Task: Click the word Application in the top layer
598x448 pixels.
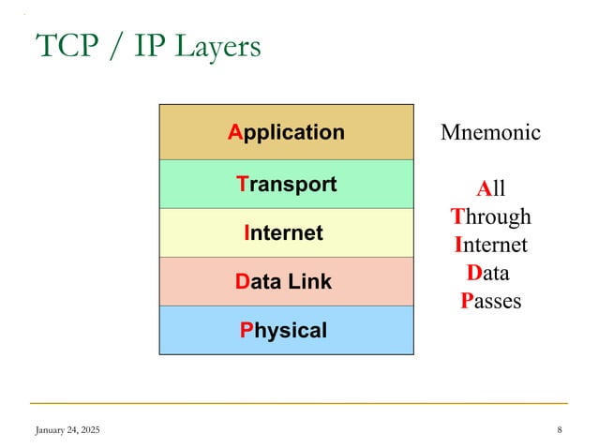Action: (286, 133)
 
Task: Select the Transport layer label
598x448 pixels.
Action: (286, 184)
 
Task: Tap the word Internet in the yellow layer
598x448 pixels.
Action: (283, 232)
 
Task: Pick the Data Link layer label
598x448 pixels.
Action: (283, 281)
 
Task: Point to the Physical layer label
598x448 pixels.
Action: (283, 330)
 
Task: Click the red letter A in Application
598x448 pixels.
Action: (234, 132)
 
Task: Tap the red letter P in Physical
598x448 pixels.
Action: (246, 330)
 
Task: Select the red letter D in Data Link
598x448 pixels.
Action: (242, 281)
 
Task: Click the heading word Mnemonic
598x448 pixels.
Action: (490, 132)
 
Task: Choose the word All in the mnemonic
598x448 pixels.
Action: (490, 188)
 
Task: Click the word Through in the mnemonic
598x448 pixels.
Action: (490, 217)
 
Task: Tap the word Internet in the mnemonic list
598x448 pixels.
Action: (490, 245)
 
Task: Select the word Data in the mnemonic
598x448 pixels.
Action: (487, 273)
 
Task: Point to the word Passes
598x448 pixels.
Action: (490, 301)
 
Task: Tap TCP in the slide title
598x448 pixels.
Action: (66, 45)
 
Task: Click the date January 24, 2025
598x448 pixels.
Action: (67, 429)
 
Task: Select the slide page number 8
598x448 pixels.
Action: (559, 429)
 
